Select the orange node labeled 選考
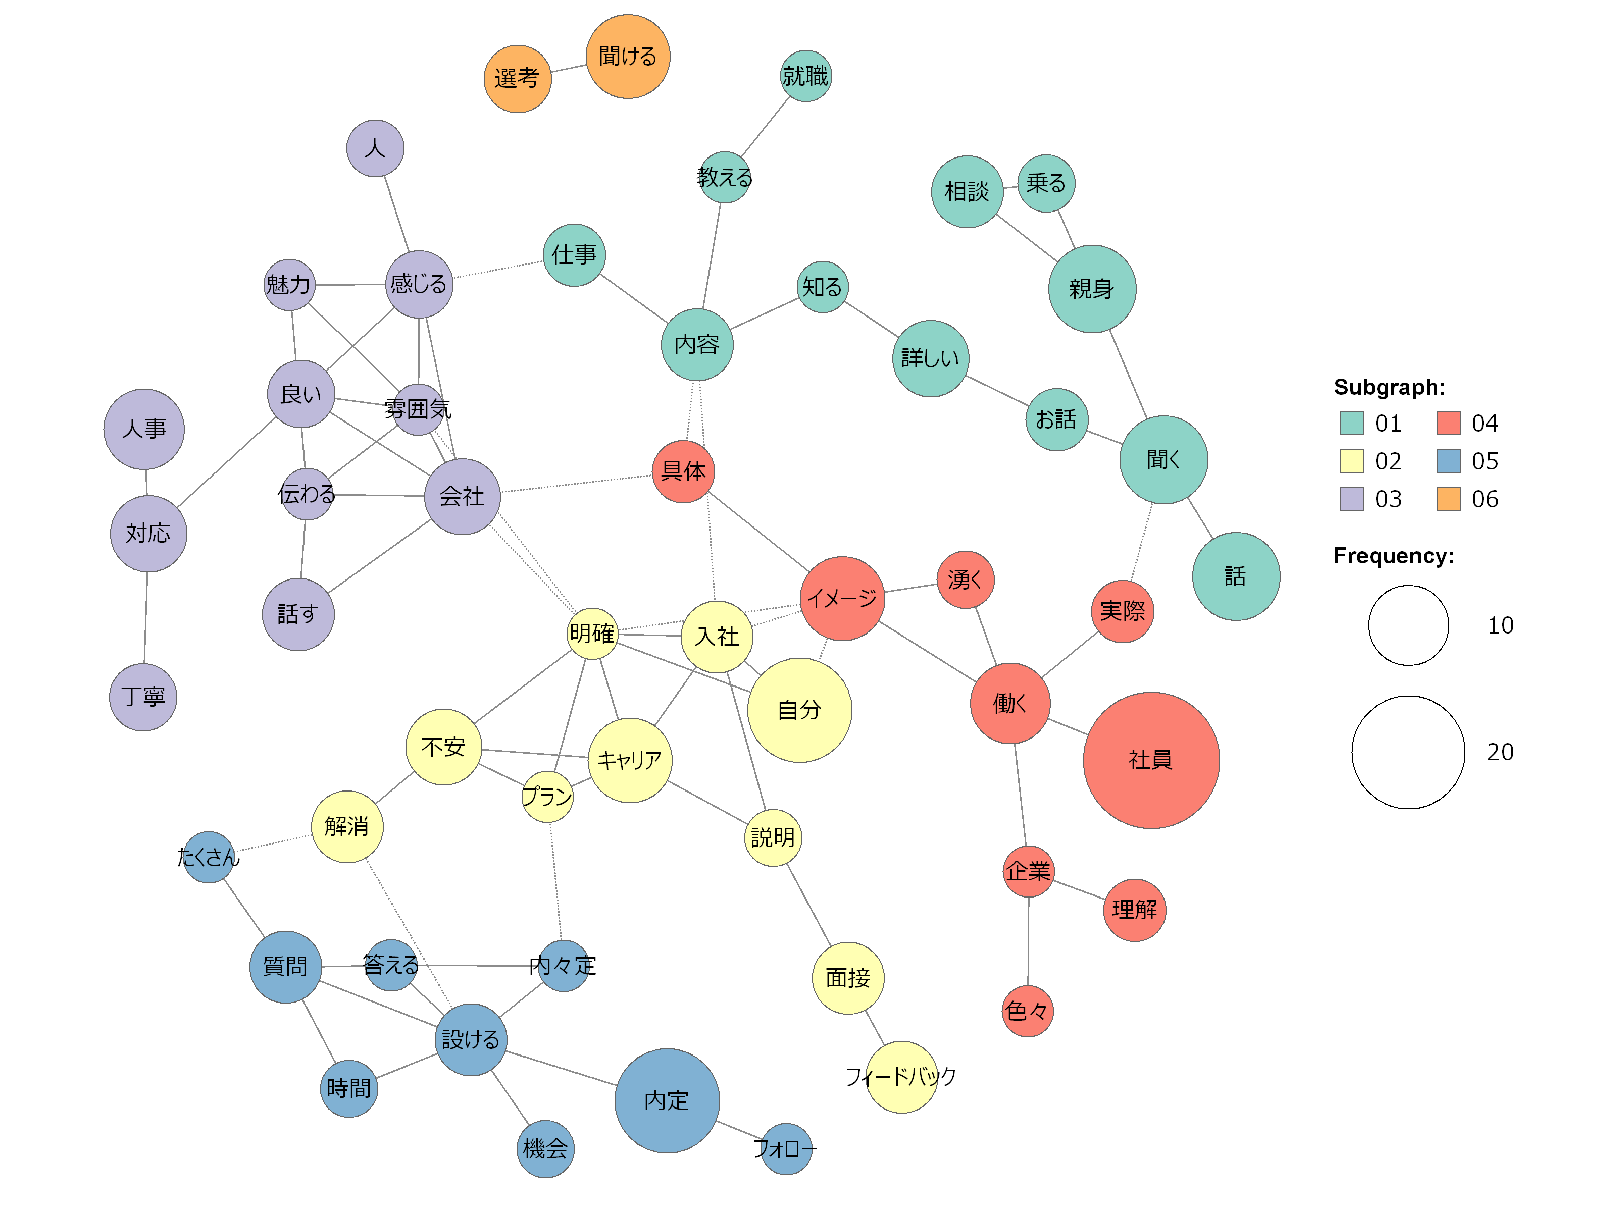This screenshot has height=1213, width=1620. tap(517, 78)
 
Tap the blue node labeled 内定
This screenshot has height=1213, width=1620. tap(667, 1100)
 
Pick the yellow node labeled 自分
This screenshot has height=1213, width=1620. tap(799, 709)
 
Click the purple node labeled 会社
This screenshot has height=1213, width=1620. tap(462, 496)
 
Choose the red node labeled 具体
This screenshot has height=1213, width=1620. tap(683, 471)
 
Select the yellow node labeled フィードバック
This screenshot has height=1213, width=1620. tap(901, 1076)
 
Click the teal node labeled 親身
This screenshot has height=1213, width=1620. tap(1092, 288)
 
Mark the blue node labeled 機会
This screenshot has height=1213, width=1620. tap(545, 1148)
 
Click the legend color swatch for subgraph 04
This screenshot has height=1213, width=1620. tap(1448, 423)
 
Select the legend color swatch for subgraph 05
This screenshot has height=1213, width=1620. tap(1448, 460)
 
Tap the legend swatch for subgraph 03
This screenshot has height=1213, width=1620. tap(1352, 499)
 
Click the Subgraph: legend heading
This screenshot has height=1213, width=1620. tap(1389, 387)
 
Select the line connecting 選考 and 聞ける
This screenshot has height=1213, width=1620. tap(568, 68)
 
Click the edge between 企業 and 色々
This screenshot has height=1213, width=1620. tap(1028, 941)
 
